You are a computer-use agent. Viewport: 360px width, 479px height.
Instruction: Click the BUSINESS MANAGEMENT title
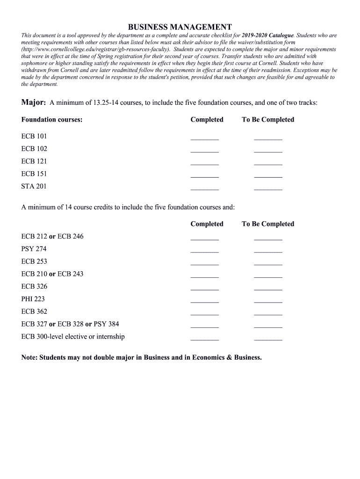[180, 27]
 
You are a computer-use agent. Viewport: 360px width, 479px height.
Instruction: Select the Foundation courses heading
[52, 120]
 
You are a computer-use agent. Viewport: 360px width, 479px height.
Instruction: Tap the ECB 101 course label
[34, 136]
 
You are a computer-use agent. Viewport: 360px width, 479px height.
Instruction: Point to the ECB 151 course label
[34, 174]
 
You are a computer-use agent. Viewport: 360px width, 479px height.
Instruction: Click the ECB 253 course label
[34, 261]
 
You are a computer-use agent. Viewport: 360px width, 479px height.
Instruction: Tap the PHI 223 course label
[33, 299]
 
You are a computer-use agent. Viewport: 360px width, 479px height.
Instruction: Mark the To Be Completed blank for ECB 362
[268, 313]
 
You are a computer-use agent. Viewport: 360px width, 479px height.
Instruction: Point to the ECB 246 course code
[70, 236]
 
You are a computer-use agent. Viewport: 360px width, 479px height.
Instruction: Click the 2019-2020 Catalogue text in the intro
[267, 36]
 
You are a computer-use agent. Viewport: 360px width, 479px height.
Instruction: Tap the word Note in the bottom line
[29, 357]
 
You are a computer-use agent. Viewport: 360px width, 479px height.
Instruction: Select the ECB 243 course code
[70, 274]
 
